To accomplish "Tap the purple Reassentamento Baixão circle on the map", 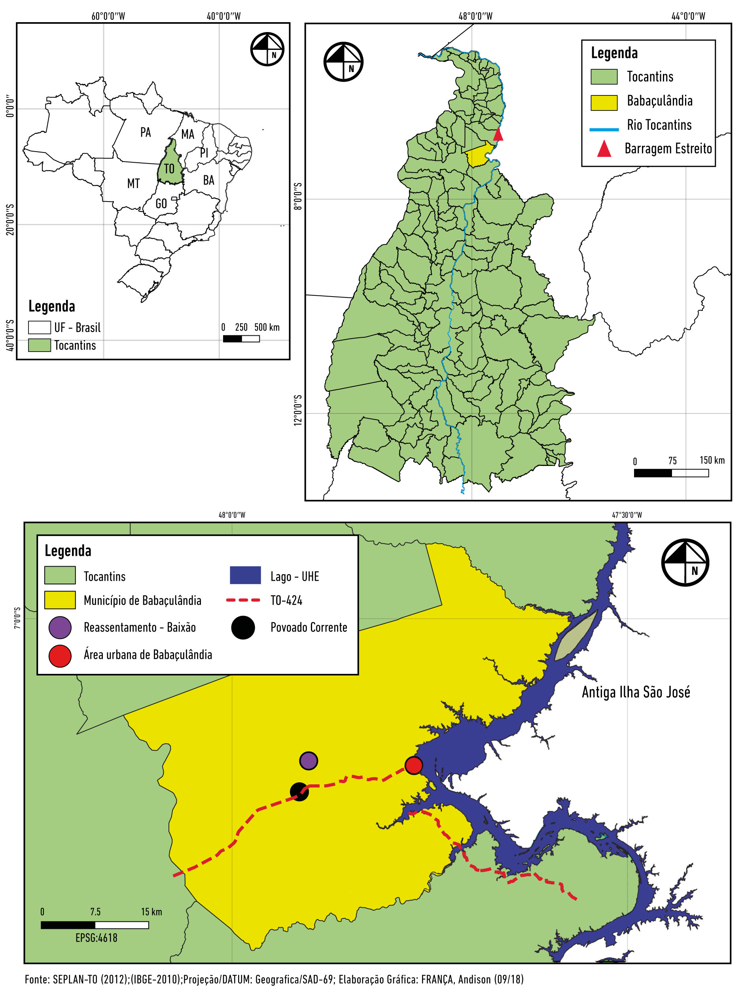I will (309, 761).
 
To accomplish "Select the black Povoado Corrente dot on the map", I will (299, 791).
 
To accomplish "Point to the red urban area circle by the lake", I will (413, 765).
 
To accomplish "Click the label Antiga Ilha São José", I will (636, 692).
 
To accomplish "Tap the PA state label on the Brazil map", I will (145, 132).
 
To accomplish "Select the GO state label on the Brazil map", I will (161, 204).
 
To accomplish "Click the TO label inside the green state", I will (169, 169).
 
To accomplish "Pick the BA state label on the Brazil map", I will (208, 181).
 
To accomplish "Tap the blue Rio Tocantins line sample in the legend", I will (604, 129).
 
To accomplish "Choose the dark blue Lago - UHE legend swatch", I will (245, 575).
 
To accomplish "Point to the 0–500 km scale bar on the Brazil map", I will (241, 339).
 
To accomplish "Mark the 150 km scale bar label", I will (712, 460).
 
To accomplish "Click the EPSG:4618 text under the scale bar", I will (97, 938).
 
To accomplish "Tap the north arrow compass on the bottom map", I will (685, 563).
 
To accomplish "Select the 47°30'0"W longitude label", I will (627, 515).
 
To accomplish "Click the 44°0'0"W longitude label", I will (688, 17).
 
